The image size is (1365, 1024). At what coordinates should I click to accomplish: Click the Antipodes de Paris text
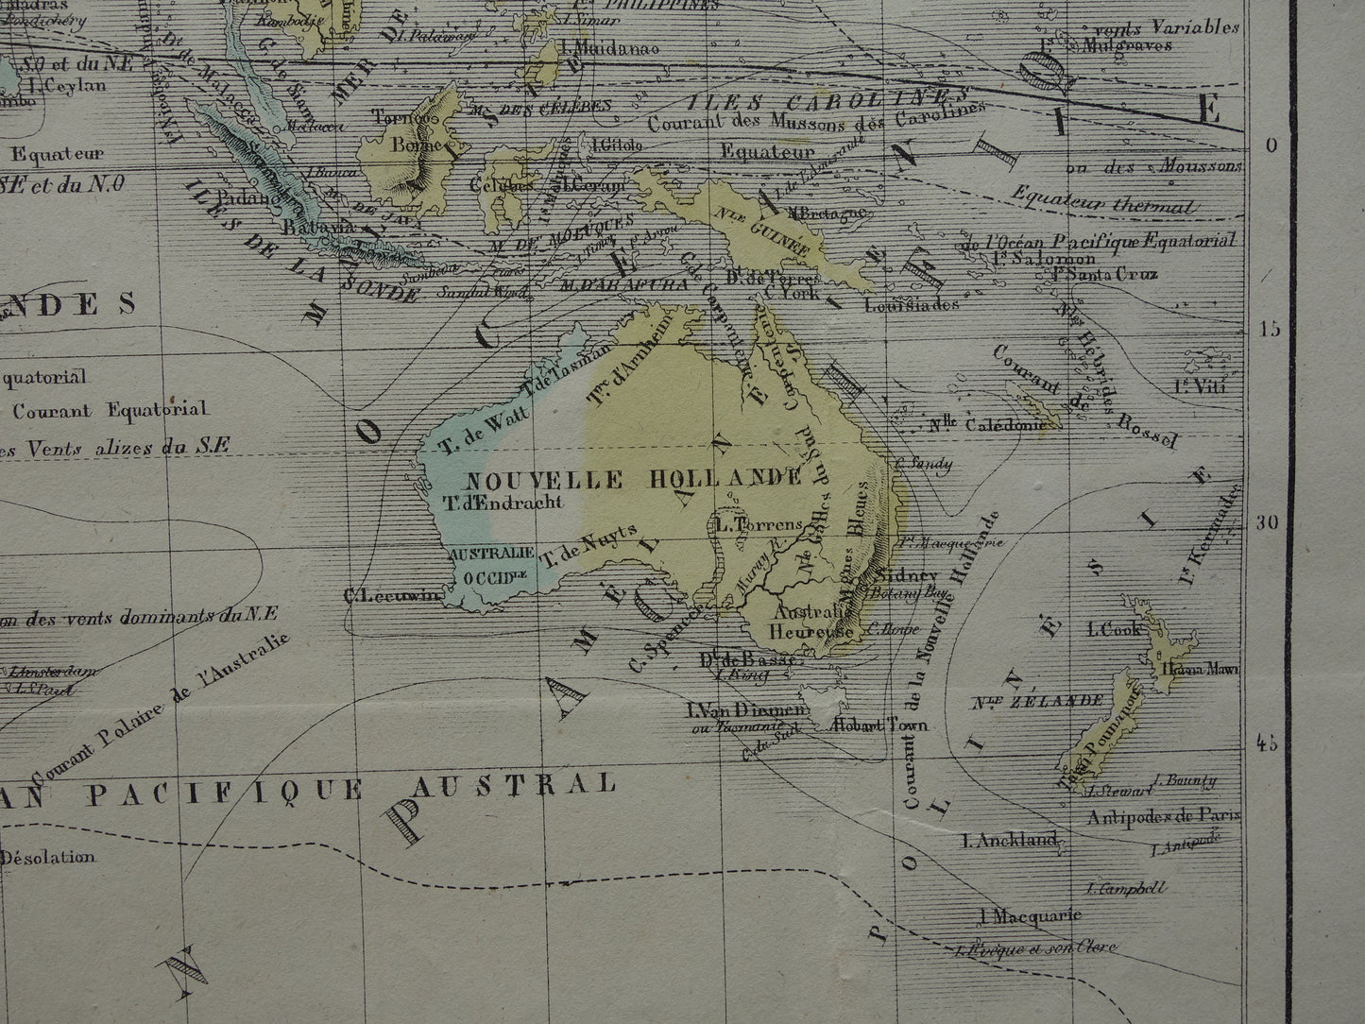pos(1164,816)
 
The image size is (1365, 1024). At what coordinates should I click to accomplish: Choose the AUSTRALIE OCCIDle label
pos(492,563)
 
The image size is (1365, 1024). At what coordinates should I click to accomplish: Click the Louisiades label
pos(912,304)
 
